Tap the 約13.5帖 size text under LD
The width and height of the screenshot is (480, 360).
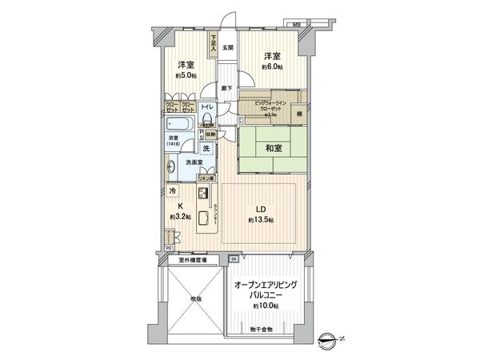(x=261, y=220)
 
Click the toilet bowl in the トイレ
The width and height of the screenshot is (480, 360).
(x=206, y=121)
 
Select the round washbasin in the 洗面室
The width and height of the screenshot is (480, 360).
(x=171, y=167)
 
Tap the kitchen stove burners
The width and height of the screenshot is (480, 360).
(x=203, y=193)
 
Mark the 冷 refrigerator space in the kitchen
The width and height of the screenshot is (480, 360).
(x=171, y=190)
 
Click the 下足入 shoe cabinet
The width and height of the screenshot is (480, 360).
(x=214, y=43)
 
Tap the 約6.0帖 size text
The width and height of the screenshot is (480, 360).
(x=272, y=68)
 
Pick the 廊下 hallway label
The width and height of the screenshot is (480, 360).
(x=227, y=87)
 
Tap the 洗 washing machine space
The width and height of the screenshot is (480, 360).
(x=205, y=150)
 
